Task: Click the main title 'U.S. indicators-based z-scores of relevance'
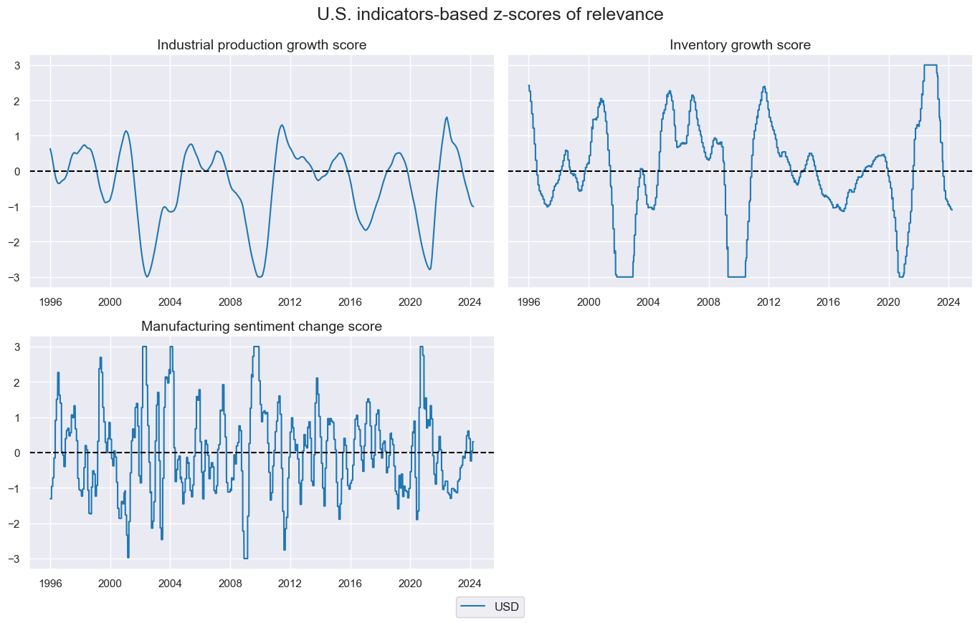490,14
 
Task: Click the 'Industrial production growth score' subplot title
262,45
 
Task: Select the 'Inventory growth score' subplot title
740,45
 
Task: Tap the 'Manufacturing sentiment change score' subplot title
262,327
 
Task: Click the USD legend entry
490,607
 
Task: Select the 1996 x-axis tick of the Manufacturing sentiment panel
50,584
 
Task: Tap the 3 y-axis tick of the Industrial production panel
23,66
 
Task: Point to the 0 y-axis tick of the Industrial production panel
23,172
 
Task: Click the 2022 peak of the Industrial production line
447,117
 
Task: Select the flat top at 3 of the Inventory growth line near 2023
930,65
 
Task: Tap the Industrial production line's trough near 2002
147,276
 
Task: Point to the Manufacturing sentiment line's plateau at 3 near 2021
422,347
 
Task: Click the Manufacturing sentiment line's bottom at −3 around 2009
245,558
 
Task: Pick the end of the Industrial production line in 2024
473,206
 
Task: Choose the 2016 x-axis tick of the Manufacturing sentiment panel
350,584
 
